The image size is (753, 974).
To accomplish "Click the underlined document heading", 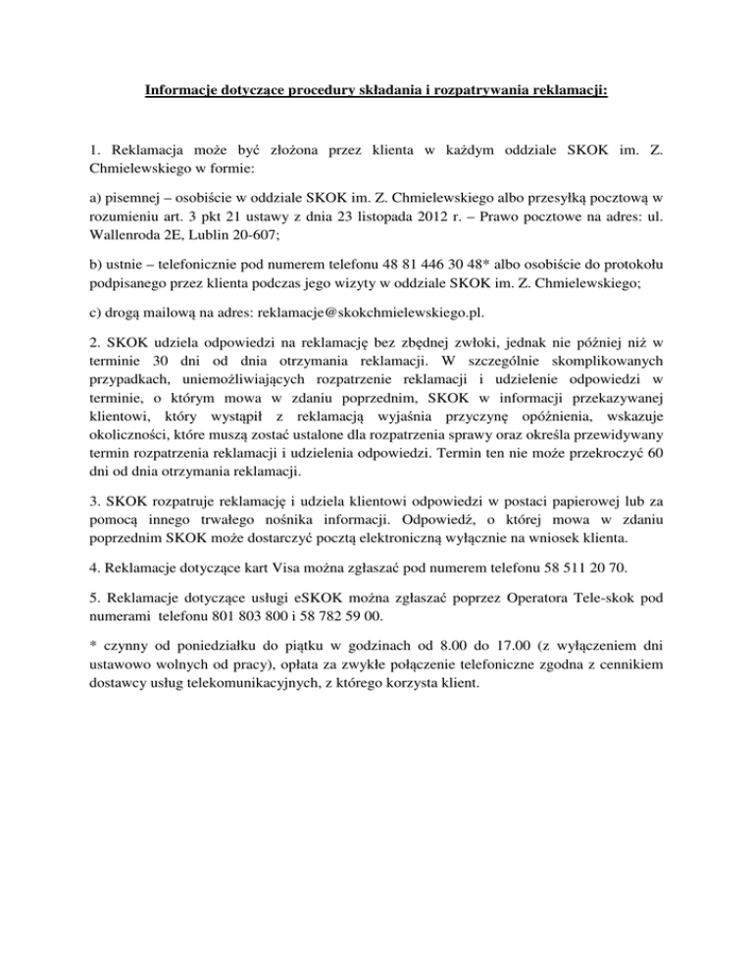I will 376,94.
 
